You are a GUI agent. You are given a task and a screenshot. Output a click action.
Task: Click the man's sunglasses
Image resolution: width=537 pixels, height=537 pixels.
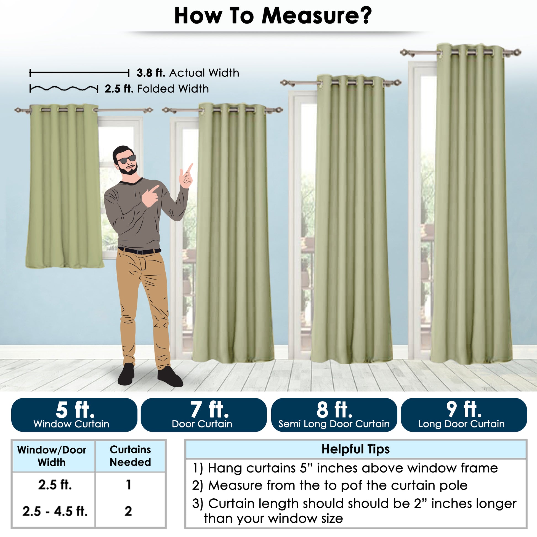click(x=127, y=159)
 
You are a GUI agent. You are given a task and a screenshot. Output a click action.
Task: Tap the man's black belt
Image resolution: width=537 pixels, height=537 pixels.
click(x=139, y=251)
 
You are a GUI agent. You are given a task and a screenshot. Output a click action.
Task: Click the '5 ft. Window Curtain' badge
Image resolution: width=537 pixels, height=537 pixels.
click(x=74, y=415)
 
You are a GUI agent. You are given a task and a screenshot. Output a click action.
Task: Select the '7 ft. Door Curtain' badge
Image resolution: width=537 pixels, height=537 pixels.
click(x=204, y=415)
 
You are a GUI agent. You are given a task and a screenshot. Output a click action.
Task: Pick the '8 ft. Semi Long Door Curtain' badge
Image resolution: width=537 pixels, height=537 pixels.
click(x=334, y=415)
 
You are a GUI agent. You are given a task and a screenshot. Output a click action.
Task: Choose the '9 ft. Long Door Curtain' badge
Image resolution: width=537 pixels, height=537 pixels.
click(x=464, y=415)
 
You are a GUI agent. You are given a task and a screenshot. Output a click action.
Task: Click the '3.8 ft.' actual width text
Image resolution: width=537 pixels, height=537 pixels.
click(x=151, y=73)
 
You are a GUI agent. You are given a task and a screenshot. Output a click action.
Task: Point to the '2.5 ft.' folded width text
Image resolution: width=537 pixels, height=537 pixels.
click(x=119, y=89)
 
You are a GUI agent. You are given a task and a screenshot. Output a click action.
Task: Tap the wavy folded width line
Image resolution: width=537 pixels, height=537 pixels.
click(x=64, y=89)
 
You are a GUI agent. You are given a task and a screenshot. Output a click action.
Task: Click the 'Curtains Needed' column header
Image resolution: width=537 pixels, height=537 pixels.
click(x=130, y=456)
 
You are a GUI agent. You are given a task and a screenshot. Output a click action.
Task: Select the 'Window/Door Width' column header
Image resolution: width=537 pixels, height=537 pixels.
click(x=52, y=456)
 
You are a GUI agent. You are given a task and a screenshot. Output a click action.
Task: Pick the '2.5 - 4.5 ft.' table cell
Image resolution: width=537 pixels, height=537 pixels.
click(x=55, y=511)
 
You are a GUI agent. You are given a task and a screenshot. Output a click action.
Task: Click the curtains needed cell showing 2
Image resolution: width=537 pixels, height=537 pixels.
click(x=128, y=511)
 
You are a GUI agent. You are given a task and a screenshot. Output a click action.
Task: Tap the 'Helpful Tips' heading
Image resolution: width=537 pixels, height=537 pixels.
click(x=355, y=449)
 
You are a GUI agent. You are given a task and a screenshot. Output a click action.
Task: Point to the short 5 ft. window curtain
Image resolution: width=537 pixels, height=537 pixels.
click(x=65, y=186)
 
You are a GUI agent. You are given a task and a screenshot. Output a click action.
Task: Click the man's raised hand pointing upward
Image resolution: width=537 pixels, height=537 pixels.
click(x=186, y=176)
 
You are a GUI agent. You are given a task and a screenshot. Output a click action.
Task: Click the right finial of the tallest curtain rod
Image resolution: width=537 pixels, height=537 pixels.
click(x=517, y=52)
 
